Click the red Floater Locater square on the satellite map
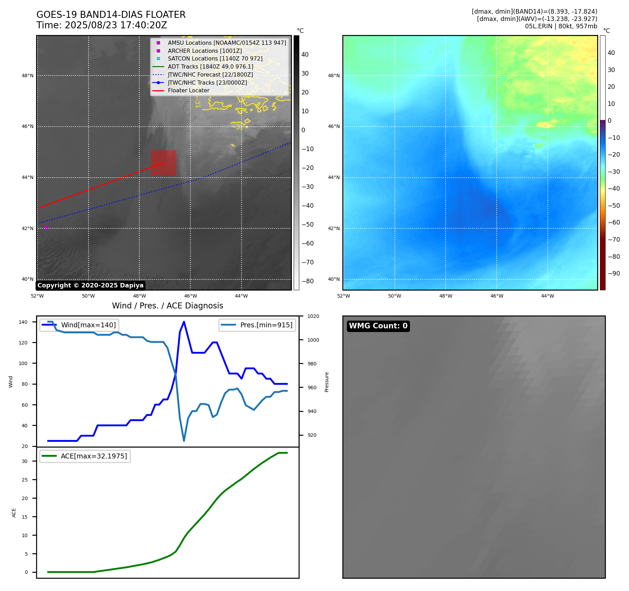pyautogui.click(x=163, y=163)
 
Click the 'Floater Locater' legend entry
pyautogui.click(x=188, y=91)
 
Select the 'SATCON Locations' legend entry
pyautogui.click(x=215, y=59)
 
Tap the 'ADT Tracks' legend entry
pyautogui.click(x=210, y=67)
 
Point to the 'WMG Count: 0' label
pyautogui.click(x=378, y=326)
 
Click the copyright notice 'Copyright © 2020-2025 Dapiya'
pyautogui.click(x=90, y=285)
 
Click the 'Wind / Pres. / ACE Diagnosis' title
pyautogui.click(x=167, y=306)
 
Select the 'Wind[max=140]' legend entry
pyautogui.click(x=88, y=325)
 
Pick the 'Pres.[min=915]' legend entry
pyautogui.click(x=266, y=325)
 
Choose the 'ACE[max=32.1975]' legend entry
pyautogui.click(x=93, y=456)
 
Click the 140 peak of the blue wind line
pyautogui.click(x=184, y=322)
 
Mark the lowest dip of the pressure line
pyautogui.click(x=184, y=441)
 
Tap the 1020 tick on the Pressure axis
pyautogui.click(x=313, y=316)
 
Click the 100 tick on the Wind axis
pyautogui.click(x=23, y=363)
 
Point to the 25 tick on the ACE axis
pyautogui.click(x=25, y=480)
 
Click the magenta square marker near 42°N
pyautogui.click(x=46, y=228)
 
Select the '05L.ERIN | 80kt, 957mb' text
pyautogui.click(x=561, y=26)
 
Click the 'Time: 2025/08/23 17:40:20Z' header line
pyautogui.click(x=102, y=25)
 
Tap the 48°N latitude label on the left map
pyautogui.click(x=28, y=76)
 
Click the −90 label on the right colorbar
pyautogui.click(x=614, y=273)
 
